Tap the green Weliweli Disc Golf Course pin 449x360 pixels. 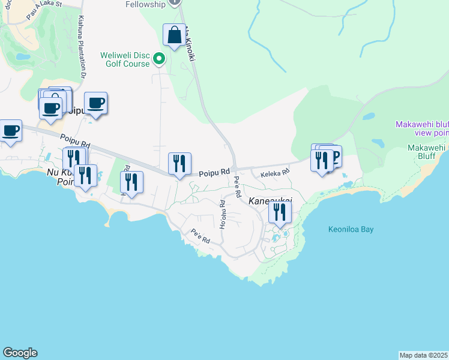pyautogui.click(x=159, y=58)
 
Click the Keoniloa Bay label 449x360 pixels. pyautogui.click(x=351, y=229)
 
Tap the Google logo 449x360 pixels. pyautogui.click(x=20, y=353)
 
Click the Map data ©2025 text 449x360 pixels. pyautogui.click(x=423, y=355)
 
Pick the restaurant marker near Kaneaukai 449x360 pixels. pyautogui.click(x=280, y=212)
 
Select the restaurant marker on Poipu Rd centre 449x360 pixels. pyautogui.click(x=179, y=163)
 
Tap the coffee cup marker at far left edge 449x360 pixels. pyautogui.click(x=10, y=131)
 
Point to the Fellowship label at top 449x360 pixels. pyautogui.click(x=145, y=4)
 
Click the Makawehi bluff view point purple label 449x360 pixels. pyautogui.click(x=422, y=128)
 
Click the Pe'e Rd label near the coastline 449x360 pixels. pyautogui.click(x=200, y=236)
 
